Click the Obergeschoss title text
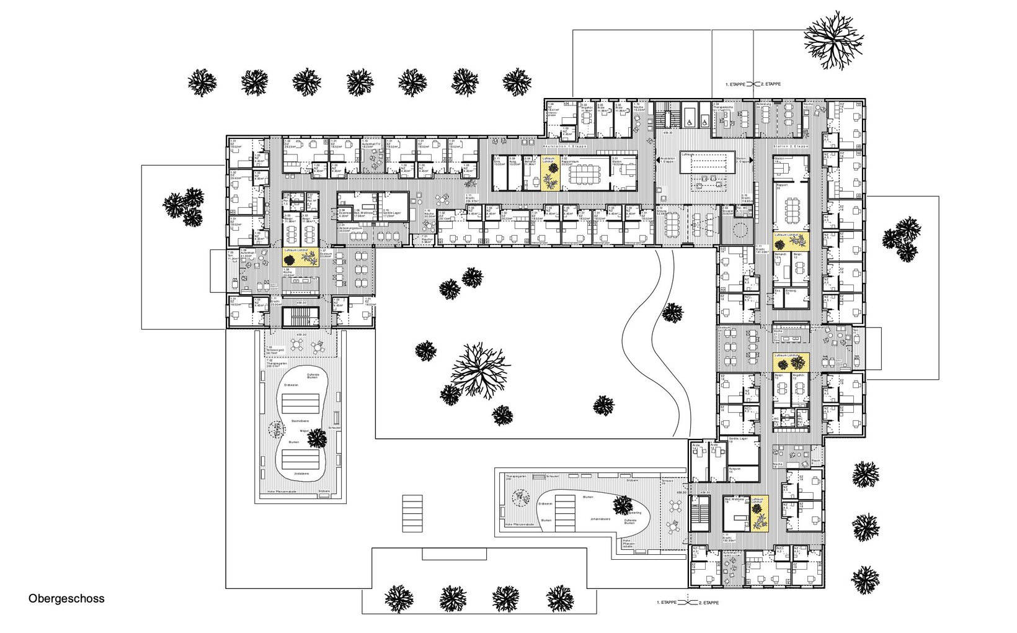coord(66,599)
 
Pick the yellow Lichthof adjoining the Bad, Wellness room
coord(759,513)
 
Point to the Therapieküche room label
coord(724,107)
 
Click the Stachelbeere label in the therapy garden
coord(301,421)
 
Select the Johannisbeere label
coord(600,519)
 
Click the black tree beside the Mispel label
coord(316,438)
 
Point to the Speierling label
coord(633,513)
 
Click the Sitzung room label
coord(662,211)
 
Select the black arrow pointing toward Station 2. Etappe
coord(751,159)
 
